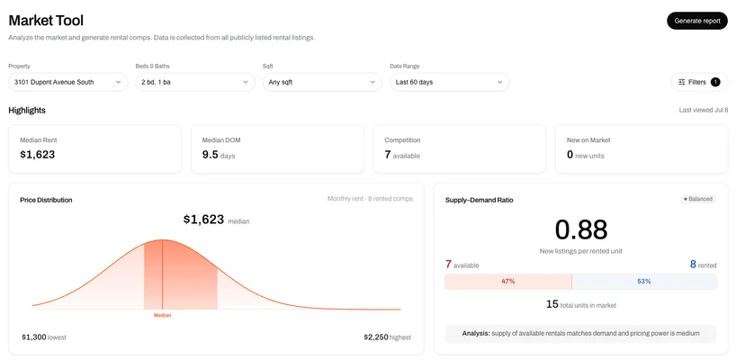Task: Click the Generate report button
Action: click(x=697, y=21)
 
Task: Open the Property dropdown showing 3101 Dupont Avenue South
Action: click(x=68, y=82)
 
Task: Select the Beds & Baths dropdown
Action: click(x=195, y=82)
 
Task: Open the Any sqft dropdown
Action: click(x=322, y=82)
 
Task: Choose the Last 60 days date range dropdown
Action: click(x=450, y=82)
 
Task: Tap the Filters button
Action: click(x=699, y=82)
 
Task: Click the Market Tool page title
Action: click(x=46, y=21)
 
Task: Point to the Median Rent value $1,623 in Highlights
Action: click(x=38, y=155)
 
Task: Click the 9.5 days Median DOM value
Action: click(x=219, y=155)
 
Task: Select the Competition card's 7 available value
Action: click(x=402, y=155)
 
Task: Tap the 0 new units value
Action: click(x=586, y=155)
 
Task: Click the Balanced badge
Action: click(x=698, y=199)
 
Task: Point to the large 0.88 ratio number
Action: click(x=581, y=229)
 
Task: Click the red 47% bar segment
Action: click(x=507, y=282)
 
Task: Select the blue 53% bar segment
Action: click(x=644, y=282)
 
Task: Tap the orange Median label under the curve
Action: click(x=163, y=315)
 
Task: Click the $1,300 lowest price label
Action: click(x=44, y=337)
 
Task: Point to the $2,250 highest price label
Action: click(x=387, y=337)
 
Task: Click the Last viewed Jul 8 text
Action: click(x=704, y=111)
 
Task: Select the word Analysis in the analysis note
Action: click(x=476, y=333)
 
